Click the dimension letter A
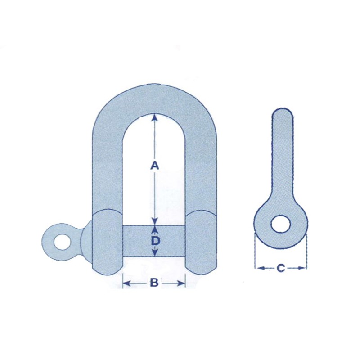click(154, 166)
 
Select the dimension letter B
click(154, 283)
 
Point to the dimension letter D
click(155, 241)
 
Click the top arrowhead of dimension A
click(154, 117)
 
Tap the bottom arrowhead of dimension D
click(154, 253)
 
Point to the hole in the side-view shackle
click(281, 224)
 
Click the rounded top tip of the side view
click(283, 110)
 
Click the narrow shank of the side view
click(283, 157)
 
